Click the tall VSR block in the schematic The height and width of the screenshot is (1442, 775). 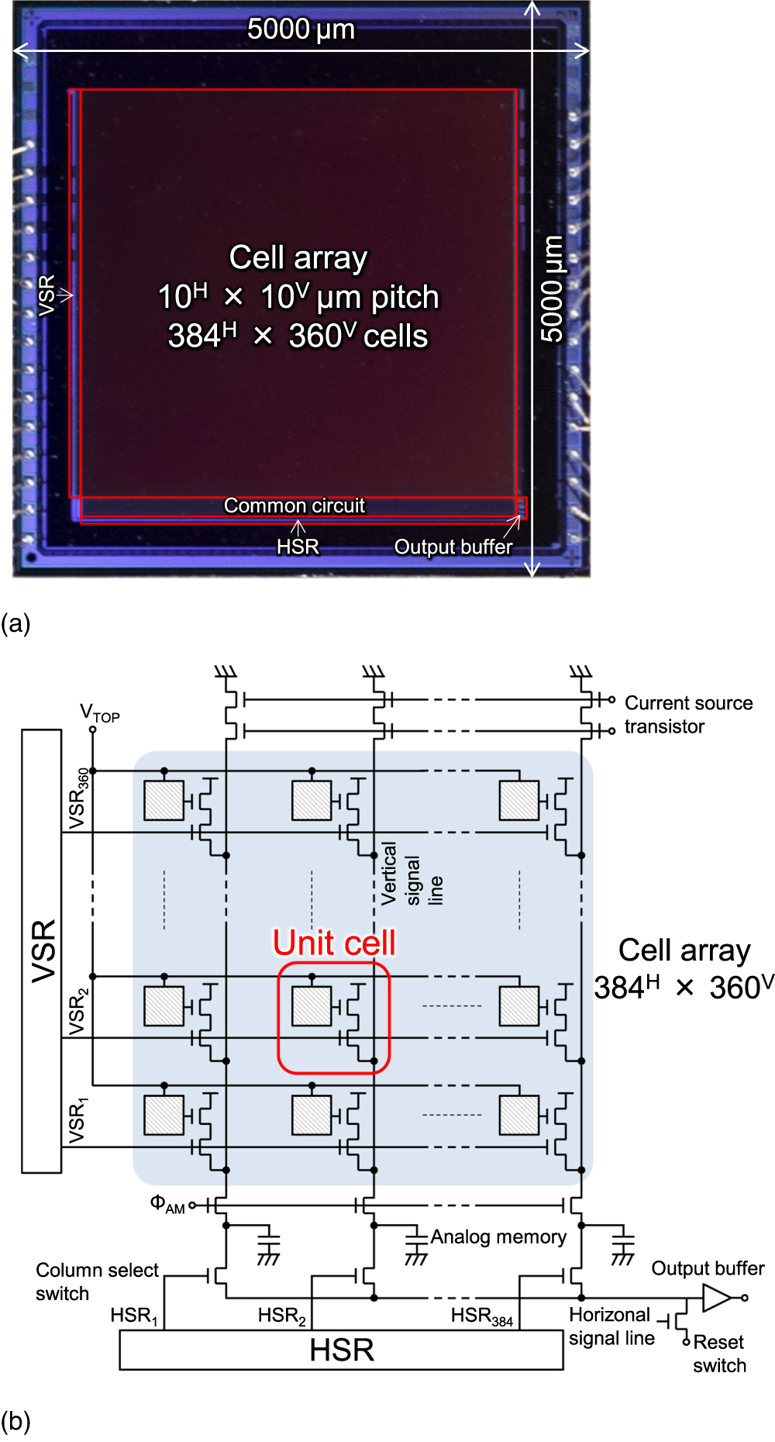pyautogui.click(x=42, y=950)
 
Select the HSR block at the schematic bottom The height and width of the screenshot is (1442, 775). pyautogui.click(x=341, y=1350)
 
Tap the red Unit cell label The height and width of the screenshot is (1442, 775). pyautogui.click(x=334, y=943)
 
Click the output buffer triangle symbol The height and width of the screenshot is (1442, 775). pyautogui.click(x=716, y=1298)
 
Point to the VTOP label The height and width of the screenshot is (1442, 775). pyautogui.click(x=100, y=712)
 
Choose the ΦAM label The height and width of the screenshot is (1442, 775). pyautogui.click(x=167, y=1204)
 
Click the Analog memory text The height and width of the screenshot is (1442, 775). pyautogui.click(x=498, y=1237)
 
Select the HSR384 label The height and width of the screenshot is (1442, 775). pyautogui.click(x=481, y=1316)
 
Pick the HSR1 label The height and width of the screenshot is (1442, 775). pyautogui.click(x=134, y=1316)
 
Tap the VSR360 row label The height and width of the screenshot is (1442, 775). pyautogui.click(x=77, y=799)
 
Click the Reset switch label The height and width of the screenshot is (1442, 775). pyautogui.click(x=719, y=1354)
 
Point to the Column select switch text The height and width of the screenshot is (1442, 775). pyautogui.click(x=97, y=1282)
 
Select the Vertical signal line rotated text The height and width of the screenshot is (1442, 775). pyautogui.click(x=412, y=875)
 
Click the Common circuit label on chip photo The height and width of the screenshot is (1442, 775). pyautogui.click(x=294, y=505)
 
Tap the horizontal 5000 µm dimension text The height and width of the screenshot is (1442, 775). pyautogui.click(x=301, y=29)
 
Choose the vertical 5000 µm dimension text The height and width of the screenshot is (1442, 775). pyautogui.click(x=552, y=288)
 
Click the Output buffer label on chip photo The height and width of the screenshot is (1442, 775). pyautogui.click(x=453, y=547)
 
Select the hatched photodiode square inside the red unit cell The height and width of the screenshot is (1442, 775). pyautogui.click(x=312, y=1006)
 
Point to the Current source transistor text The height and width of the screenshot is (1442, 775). pyautogui.click(x=688, y=714)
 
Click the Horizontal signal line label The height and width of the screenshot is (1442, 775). pyautogui.click(x=611, y=1326)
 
